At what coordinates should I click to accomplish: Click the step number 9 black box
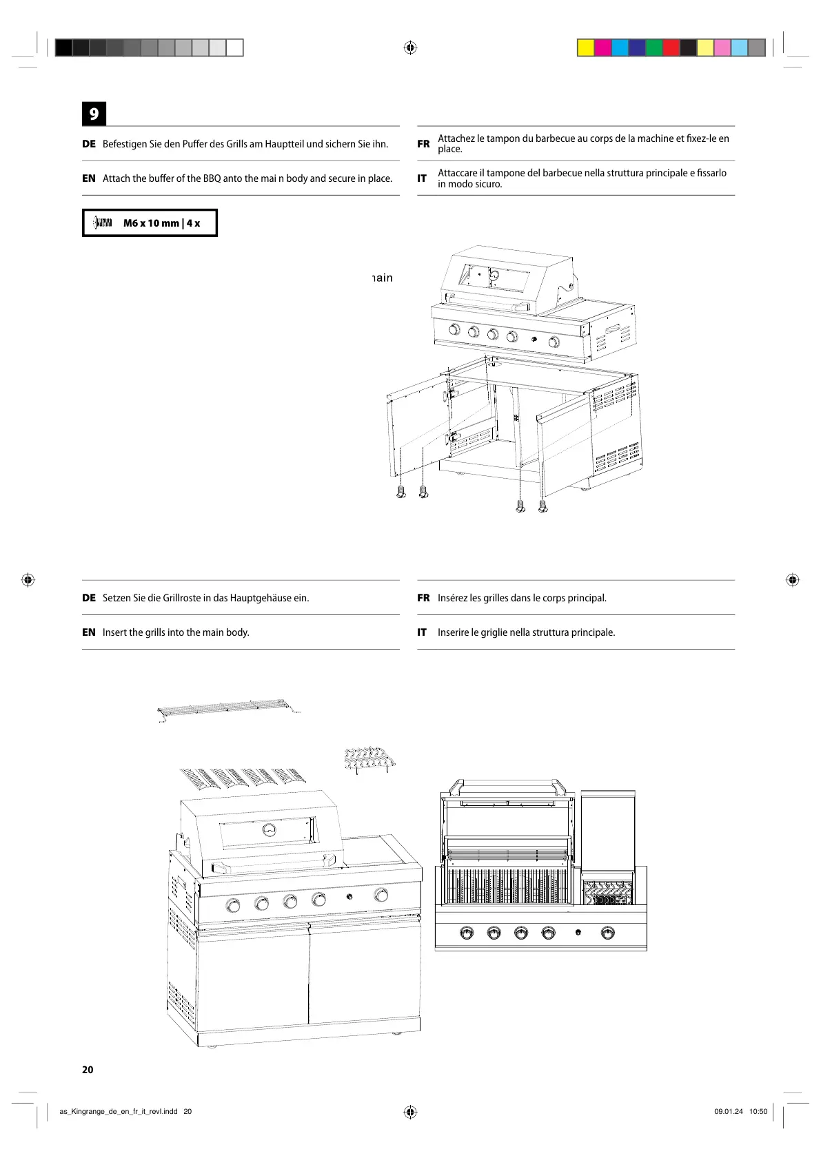coord(94,114)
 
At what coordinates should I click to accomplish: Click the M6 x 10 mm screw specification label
coord(161,223)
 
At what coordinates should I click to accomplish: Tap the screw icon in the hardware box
coord(103,222)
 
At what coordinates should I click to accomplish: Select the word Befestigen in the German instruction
coord(125,144)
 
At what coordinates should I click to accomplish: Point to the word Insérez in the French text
coord(452,598)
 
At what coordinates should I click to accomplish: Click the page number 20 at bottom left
coord(88,1070)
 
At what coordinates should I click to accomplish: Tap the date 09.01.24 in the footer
coord(728,1111)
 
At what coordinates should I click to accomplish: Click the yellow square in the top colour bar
coord(585,48)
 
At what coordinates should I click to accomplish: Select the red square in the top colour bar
coord(671,48)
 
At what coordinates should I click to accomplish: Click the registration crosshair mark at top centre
coord(410,48)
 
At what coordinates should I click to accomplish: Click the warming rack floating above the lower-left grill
coord(227,710)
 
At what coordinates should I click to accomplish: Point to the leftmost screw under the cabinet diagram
coord(402,492)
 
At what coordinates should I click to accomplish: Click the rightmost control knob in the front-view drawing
coord(607,933)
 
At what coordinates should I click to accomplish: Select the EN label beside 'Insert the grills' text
coord(89,632)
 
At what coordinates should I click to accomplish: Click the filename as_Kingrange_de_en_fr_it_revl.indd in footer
coord(119,1111)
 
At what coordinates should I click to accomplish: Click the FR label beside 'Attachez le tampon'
coord(423,144)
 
